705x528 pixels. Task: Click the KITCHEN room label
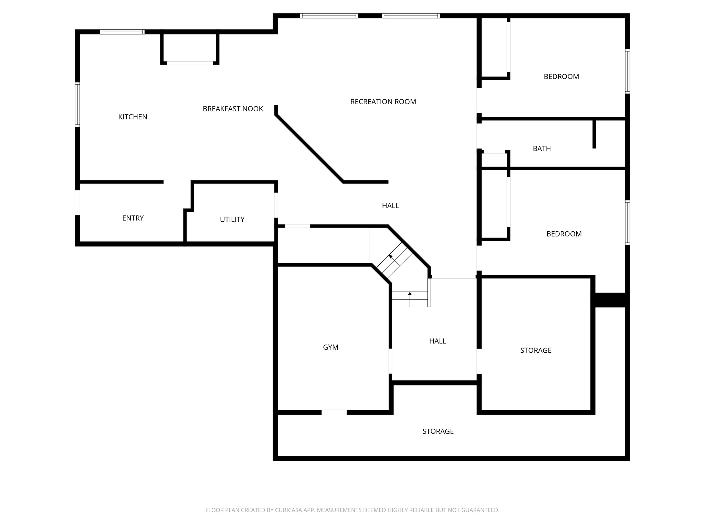click(x=133, y=117)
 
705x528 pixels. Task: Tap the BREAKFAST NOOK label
click(x=233, y=109)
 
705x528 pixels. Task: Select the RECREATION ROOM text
click(x=383, y=102)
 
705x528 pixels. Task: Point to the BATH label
click(x=541, y=148)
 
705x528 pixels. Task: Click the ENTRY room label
click(x=133, y=218)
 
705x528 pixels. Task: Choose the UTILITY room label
click(x=232, y=219)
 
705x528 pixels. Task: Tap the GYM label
click(x=330, y=347)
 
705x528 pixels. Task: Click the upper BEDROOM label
click(x=561, y=77)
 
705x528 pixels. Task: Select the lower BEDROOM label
click(x=564, y=234)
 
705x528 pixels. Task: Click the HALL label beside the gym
click(x=438, y=341)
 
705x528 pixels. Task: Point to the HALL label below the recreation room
click(x=390, y=206)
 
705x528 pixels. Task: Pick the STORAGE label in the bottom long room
click(x=438, y=431)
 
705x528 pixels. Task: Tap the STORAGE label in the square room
click(x=536, y=350)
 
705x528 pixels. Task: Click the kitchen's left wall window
click(x=77, y=104)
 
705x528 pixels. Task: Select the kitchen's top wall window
click(x=122, y=32)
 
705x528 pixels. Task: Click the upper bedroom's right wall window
click(x=627, y=71)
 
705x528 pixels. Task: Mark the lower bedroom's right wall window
click(x=627, y=222)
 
